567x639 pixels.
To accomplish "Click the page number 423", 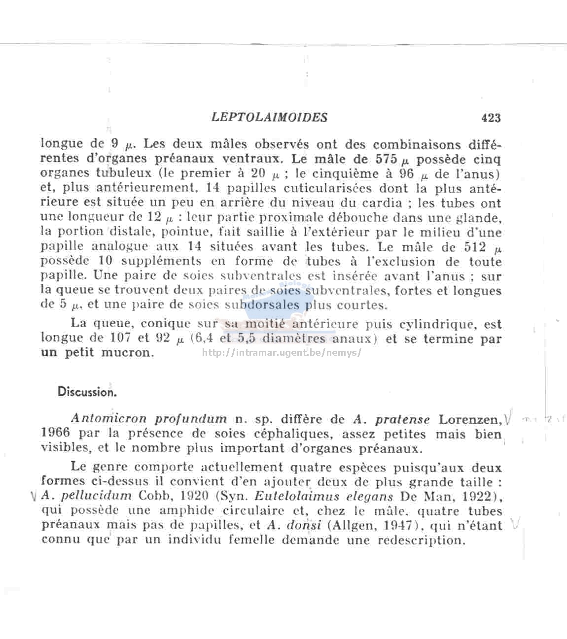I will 491,118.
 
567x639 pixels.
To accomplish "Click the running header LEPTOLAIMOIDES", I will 269,117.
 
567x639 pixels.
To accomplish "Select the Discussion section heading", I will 87,392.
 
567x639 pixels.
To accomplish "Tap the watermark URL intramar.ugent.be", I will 282,353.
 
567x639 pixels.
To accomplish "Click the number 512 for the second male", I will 475,247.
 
